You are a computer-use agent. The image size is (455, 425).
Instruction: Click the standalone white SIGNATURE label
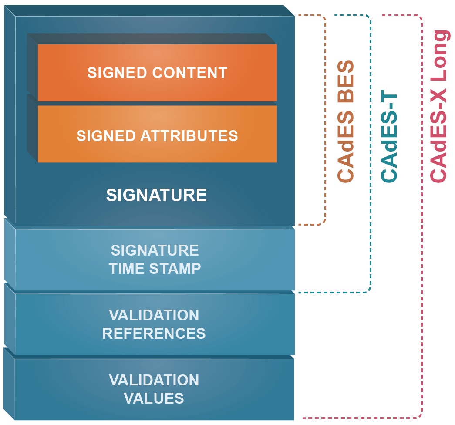click(x=156, y=195)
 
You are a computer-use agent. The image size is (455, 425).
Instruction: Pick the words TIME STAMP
click(x=155, y=268)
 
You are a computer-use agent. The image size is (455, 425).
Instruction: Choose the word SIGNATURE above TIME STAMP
click(x=155, y=250)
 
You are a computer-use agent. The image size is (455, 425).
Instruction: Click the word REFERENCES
click(x=154, y=333)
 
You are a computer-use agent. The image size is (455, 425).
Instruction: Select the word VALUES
click(x=154, y=398)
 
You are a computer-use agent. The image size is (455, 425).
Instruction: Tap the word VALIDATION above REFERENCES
click(x=154, y=315)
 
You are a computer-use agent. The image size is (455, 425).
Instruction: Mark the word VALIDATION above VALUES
click(x=154, y=380)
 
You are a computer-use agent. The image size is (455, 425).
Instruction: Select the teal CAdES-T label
click(x=389, y=138)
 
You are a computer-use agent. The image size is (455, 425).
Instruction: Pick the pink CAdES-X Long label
click(x=438, y=106)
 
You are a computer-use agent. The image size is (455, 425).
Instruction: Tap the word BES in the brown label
click(x=346, y=81)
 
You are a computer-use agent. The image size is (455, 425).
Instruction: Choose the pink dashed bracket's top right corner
click(x=421, y=17)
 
